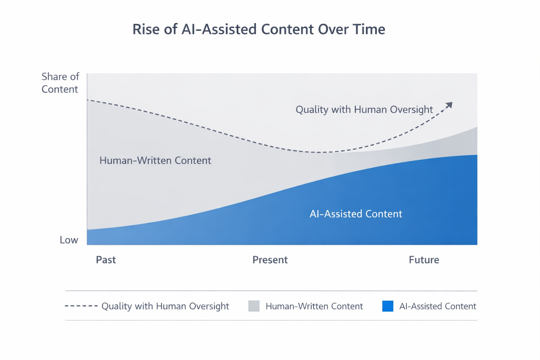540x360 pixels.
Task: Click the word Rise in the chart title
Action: pos(145,29)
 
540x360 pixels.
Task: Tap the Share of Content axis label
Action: pos(60,83)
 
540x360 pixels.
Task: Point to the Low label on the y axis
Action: pos(69,240)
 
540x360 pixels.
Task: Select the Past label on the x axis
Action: pos(106,260)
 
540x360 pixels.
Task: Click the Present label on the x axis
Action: pos(270,260)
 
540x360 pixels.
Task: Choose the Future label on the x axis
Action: pos(424,260)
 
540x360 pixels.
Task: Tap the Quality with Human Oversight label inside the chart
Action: pos(364,110)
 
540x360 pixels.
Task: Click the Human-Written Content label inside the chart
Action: pos(155,161)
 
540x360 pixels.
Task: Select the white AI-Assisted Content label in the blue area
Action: pos(355,214)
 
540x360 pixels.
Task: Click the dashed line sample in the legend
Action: pos(81,306)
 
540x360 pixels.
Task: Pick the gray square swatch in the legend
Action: pos(254,306)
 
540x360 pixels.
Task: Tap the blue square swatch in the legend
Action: pos(387,306)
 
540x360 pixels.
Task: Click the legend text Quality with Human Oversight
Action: pos(165,306)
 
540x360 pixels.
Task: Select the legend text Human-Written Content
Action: pos(314,306)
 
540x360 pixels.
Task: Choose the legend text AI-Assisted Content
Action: pos(437,306)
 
